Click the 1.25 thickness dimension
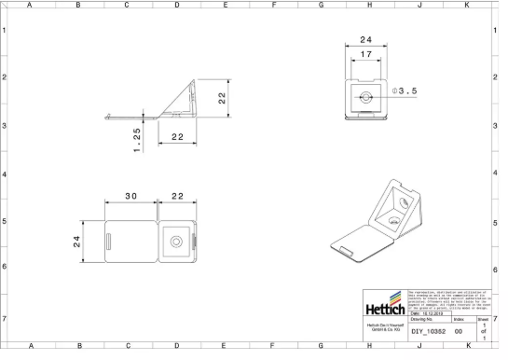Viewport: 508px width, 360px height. tap(136, 138)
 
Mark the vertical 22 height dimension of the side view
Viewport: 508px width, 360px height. tap(223, 98)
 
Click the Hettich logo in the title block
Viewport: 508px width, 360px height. tap(384, 308)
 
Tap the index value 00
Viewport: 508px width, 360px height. tap(459, 331)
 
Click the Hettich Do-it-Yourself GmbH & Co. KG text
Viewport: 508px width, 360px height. tap(384, 327)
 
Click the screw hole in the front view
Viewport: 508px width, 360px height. tap(365, 96)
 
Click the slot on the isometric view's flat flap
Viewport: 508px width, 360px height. tap(344, 247)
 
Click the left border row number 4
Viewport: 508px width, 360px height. tap(5, 174)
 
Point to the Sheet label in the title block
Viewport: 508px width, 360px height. tap(482, 320)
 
